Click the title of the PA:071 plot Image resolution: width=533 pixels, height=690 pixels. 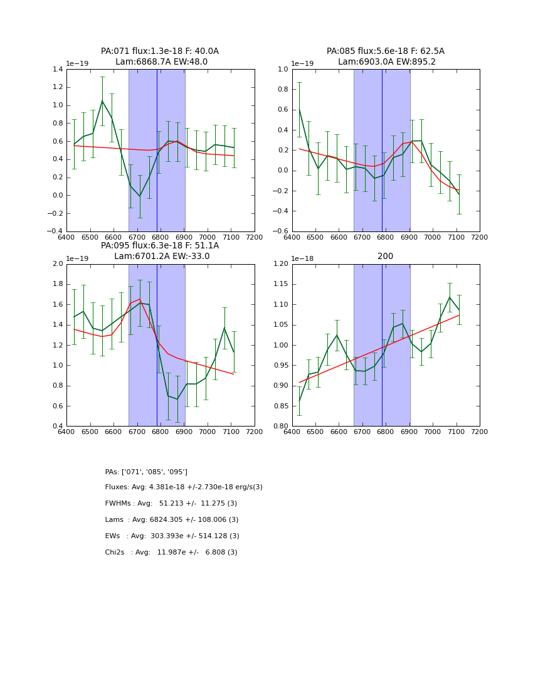pyautogui.click(x=160, y=56)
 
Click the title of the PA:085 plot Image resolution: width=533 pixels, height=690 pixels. pyautogui.click(x=385, y=56)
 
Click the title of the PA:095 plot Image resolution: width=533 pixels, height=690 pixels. pyautogui.click(x=160, y=251)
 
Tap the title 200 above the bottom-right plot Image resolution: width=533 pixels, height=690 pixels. pyautogui.click(x=385, y=256)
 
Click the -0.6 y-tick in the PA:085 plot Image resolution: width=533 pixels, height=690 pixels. pyautogui.click(x=281, y=231)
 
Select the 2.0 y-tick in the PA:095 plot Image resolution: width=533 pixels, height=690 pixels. pyautogui.click(x=58, y=264)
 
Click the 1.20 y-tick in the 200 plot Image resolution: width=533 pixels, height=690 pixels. pyautogui.click(x=281, y=264)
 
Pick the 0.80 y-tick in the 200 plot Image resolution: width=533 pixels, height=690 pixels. pyautogui.click(x=281, y=427)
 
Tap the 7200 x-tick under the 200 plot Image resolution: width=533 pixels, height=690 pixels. pyautogui.click(x=479, y=431)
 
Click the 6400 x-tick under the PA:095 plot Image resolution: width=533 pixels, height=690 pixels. pyautogui.click(x=66, y=431)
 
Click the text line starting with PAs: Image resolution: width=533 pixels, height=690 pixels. pyautogui.click(x=146, y=472)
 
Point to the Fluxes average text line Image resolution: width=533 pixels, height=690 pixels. pyautogui.click(x=184, y=487)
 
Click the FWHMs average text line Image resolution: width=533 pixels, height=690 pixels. pyautogui.click(x=171, y=504)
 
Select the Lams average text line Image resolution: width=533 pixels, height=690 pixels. pyautogui.click(x=172, y=520)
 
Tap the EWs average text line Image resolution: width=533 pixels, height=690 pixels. pyautogui.click(x=172, y=536)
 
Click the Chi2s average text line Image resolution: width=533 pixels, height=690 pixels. pyautogui.click(x=171, y=553)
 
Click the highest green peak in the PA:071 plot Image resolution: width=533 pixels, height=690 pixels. pyautogui.click(x=102, y=101)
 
